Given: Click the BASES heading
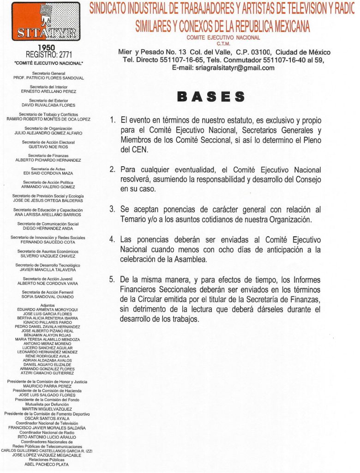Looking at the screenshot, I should point(211,97).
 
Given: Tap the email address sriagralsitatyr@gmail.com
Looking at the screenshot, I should point(223,67).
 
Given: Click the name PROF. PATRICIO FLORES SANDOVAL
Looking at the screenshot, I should point(48,78).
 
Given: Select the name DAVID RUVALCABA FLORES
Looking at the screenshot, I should point(48,105).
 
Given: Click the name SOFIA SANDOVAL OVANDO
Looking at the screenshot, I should point(48,297).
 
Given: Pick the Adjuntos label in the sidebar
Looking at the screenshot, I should point(48,306).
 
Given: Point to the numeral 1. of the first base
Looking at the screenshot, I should point(112,120).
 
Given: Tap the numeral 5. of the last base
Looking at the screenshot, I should point(112,280).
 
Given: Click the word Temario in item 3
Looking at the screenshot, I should point(133,219).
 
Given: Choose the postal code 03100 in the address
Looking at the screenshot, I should point(266,52).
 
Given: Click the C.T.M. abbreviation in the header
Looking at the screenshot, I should point(223,44).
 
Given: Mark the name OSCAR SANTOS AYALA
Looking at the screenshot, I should point(48,418).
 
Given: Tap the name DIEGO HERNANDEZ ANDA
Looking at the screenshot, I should point(48,228).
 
